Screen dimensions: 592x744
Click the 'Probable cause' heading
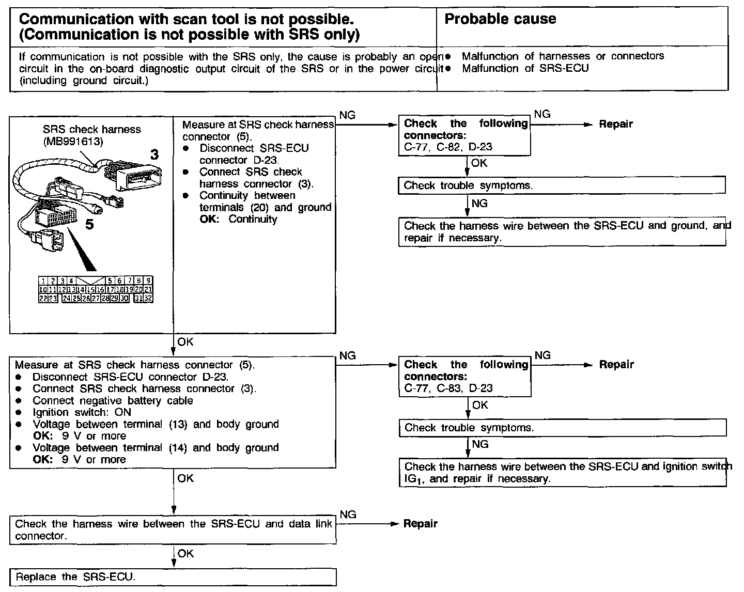500,19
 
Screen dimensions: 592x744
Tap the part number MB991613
73,142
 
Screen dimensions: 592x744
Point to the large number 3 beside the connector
154,154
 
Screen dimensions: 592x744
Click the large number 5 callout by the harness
89,225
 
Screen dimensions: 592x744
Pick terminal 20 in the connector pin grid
138,290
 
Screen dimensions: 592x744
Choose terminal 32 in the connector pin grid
148,298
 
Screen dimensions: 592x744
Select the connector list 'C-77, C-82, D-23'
448,147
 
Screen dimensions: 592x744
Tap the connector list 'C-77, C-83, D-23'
448,388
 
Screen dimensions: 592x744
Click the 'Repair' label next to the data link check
420,524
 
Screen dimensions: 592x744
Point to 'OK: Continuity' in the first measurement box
238,219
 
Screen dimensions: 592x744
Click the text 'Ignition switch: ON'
82,412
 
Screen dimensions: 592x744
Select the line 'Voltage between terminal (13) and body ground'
156,424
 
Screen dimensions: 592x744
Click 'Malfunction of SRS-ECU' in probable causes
525,68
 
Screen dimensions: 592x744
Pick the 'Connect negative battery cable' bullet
113,400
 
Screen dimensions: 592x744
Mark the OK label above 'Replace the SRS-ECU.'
185,554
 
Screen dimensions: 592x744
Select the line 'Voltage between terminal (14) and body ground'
156,447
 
